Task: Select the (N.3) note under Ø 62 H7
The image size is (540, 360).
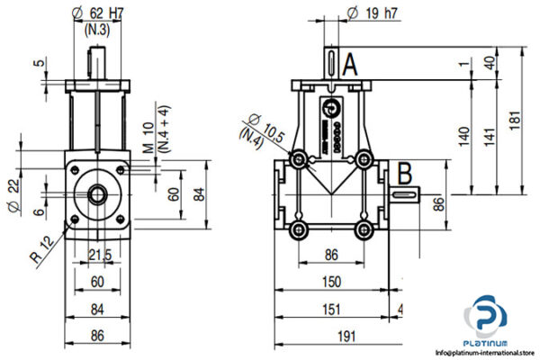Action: click(97, 30)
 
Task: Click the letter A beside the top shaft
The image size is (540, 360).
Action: click(351, 63)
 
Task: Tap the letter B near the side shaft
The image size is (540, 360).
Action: click(404, 171)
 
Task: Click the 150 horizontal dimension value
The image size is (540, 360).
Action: click(334, 283)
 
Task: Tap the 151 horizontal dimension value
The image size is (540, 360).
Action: click(334, 309)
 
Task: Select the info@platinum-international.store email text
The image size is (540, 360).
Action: click(485, 353)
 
